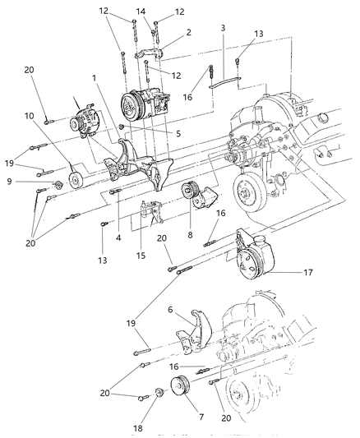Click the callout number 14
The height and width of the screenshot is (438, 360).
(x=141, y=12)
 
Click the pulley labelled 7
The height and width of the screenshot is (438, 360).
(x=179, y=387)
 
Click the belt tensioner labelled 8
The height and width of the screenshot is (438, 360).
(x=196, y=198)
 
